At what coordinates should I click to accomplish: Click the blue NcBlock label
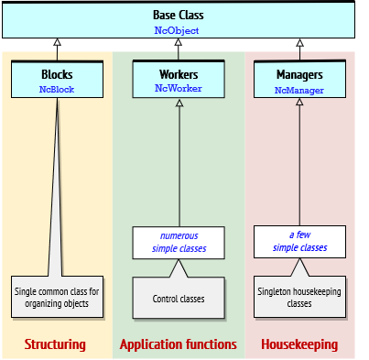(57, 89)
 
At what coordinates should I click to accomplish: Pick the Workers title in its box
(179, 74)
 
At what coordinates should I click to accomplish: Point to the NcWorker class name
(179, 89)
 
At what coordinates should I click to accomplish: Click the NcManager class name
(299, 90)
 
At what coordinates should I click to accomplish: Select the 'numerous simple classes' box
(179, 242)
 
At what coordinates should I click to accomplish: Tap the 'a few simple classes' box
(299, 242)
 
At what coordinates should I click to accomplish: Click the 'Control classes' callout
(179, 298)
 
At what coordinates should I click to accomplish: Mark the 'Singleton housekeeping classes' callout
(299, 297)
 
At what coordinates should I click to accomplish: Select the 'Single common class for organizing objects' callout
(57, 297)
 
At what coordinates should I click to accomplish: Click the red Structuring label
(55, 344)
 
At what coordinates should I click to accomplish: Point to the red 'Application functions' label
(179, 344)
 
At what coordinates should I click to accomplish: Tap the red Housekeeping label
(299, 344)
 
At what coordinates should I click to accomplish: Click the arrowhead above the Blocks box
(57, 43)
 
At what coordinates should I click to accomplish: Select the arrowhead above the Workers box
(179, 43)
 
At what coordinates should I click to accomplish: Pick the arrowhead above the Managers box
(299, 43)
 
